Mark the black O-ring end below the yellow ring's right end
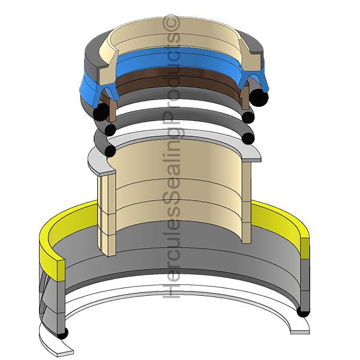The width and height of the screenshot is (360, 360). click(304, 312)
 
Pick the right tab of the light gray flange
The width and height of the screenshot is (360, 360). click(253, 155)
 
